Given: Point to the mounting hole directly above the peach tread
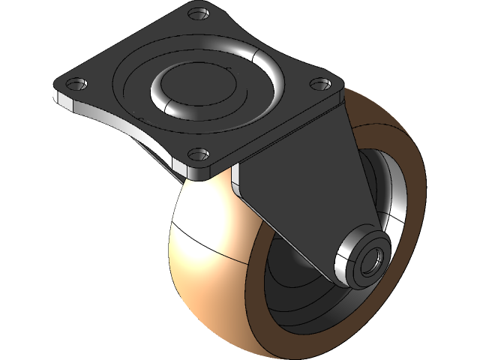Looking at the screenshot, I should tap(196, 155).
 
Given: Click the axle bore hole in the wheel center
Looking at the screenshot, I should tap(370, 264).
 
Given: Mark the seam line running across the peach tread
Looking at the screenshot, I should tap(217, 253).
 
